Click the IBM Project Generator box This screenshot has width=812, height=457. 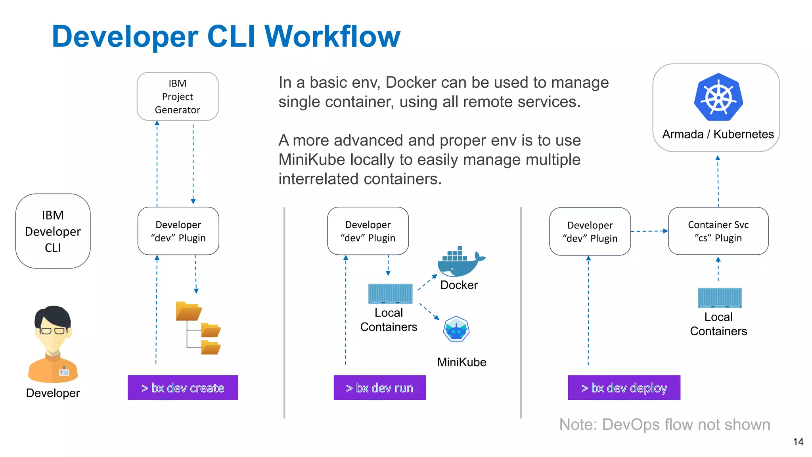click(177, 96)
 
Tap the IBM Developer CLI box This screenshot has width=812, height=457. click(53, 231)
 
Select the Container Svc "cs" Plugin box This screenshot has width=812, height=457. click(718, 231)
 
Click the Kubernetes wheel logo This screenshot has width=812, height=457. click(718, 97)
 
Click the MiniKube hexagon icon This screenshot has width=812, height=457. click(456, 329)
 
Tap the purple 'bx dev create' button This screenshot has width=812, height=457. click(183, 388)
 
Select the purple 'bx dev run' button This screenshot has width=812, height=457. click(379, 388)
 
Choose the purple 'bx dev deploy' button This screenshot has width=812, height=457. click(624, 388)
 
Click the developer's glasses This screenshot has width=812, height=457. click(53, 331)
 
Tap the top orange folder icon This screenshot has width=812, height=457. click(188, 311)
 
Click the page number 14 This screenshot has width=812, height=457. click(798, 442)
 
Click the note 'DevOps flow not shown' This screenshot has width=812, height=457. click(665, 424)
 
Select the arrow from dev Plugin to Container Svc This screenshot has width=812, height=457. click(649, 231)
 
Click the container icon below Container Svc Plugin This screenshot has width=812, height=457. click(719, 298)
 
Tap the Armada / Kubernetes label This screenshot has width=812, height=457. click(718, 134)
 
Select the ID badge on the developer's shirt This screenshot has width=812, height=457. click(64, 372)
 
